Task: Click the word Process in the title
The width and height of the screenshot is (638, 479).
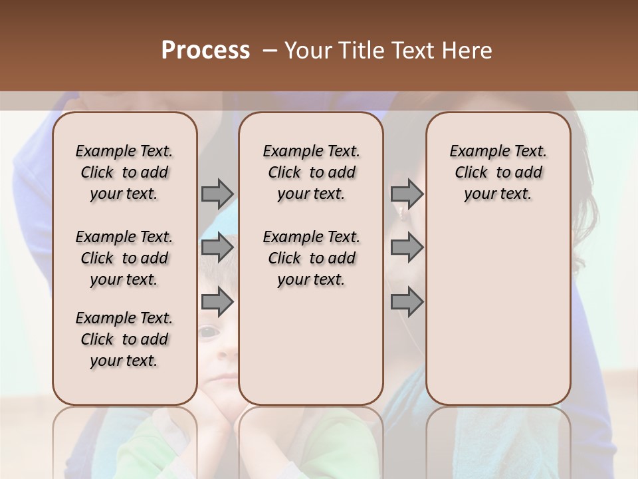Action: coord(205,51)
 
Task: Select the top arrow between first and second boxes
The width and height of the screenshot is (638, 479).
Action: coord(217,194)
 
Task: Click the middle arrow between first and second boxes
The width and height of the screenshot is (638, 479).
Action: coord(217,248)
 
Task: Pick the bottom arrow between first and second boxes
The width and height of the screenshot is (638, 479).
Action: coord(217,303)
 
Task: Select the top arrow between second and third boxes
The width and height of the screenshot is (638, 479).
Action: coord(407,194)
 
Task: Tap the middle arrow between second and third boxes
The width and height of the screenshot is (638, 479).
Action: coord(407,248)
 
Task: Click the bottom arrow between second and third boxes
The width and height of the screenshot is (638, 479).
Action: coord(407,303)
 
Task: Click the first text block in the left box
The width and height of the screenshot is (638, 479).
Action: coord(124,172)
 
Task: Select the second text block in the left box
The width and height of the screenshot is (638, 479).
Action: coord(124,258)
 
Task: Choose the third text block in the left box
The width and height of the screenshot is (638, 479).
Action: coord(124,339)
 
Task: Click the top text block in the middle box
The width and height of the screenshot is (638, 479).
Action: coord(311,172)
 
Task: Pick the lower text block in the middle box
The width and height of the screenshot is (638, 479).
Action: coord(311,258)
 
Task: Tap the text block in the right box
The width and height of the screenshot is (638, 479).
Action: coord(498,172)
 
